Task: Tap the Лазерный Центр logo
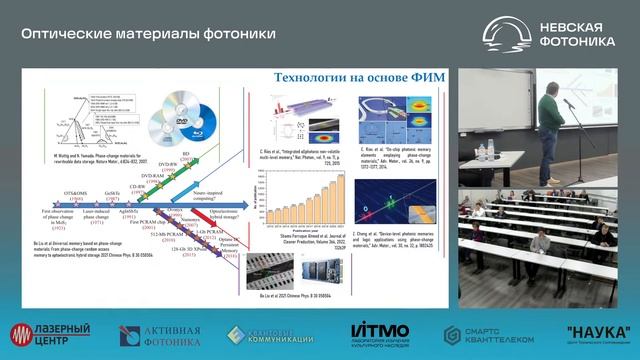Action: (x=49, y=334)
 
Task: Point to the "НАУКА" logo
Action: (x=596, y=334)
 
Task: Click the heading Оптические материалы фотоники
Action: (x=149, y=34)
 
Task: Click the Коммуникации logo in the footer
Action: (x=271, y=334)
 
